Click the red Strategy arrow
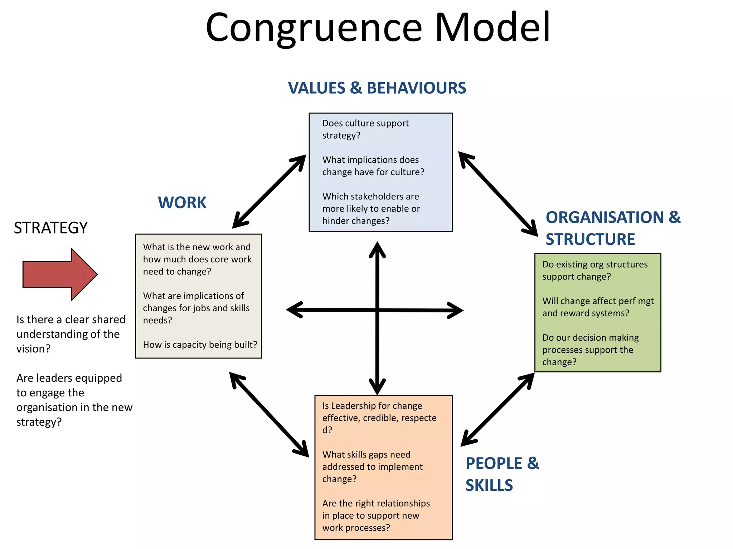click(x=59, y=274)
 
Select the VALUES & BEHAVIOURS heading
click(x=377, y=88)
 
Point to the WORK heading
click(x=182, y=203)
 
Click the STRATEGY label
click(x=50, y=228)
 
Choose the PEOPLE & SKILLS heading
click(x=502, y=474)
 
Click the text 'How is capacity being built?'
click(x=200, y=345)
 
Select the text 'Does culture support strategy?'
click(x=365, y=129)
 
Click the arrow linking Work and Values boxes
click(x=269, y=192)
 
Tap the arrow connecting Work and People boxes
click(x=269, y=414)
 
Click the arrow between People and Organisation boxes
click(x=497, y=410)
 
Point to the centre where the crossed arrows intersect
click(x=377, y=310)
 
